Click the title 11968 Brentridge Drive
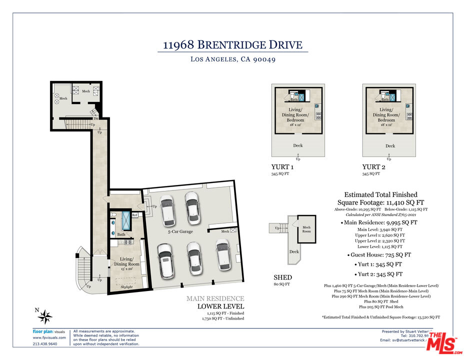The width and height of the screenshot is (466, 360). click(x=232, y=45)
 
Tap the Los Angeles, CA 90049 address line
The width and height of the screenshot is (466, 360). click(x=233, y=59)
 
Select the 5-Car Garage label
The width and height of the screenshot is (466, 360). click(x=180, y=231)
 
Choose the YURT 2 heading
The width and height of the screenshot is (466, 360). click(x=374, y=167)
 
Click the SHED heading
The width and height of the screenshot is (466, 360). click(x=282, y=277)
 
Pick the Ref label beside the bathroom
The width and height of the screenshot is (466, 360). click(x=134, y=215)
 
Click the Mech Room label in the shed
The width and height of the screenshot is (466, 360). click(x=306, y=229)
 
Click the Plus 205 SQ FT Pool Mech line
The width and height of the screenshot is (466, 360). click(x=381, y=306)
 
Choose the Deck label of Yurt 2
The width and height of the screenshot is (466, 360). click(x=390, y=146)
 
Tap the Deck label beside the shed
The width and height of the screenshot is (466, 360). click(x=294, y=251)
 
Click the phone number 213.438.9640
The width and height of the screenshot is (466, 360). click(x=44, y=343)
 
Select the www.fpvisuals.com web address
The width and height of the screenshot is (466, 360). click(x=49, y=337)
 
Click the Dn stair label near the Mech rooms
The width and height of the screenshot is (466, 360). click(x=95, y=118)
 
